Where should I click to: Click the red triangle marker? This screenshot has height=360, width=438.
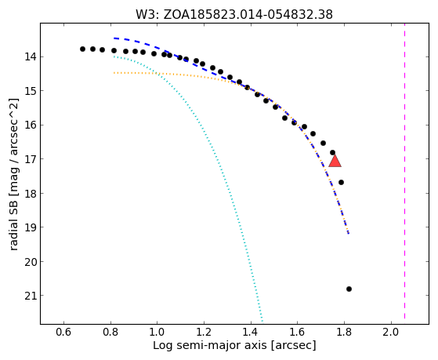(335, 162)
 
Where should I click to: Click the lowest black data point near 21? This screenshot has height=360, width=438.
(349, 289)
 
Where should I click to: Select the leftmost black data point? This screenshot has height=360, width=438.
(82, 49)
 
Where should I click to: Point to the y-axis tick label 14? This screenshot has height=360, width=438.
(31, 57)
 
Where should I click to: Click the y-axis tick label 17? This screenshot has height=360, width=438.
(31, 159)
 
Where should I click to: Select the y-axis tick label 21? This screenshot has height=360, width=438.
(31, 296)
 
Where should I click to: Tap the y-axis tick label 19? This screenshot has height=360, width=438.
(31, 227)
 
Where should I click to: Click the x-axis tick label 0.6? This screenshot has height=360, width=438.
(64, 332)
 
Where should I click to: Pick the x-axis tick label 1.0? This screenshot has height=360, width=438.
(157, 332)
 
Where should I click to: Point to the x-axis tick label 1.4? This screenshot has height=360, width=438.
(251, 332)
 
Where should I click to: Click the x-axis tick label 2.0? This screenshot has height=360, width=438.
(391, 332)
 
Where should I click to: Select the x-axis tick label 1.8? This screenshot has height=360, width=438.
(344, 332)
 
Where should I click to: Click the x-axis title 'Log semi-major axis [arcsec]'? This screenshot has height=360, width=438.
(234, 346)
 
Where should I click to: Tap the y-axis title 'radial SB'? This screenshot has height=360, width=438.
(13, 224)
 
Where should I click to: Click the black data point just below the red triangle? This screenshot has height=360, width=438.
(341, 183)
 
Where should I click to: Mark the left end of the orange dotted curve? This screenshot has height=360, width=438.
(114, 73)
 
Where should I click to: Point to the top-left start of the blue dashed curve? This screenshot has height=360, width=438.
(114, 38)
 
